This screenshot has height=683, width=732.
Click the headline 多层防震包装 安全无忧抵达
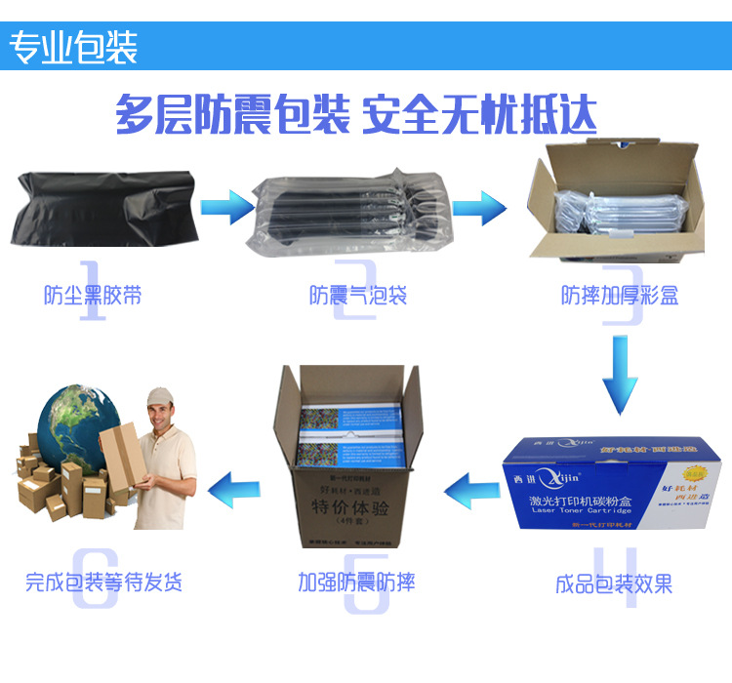tap(355, 115)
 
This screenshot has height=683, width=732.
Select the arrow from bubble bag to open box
tap(478, 206)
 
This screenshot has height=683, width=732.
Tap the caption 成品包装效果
tap(614, 584)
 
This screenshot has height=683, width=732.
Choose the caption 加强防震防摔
tap(356, 583)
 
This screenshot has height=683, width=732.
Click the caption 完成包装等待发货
tap(103, 583)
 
